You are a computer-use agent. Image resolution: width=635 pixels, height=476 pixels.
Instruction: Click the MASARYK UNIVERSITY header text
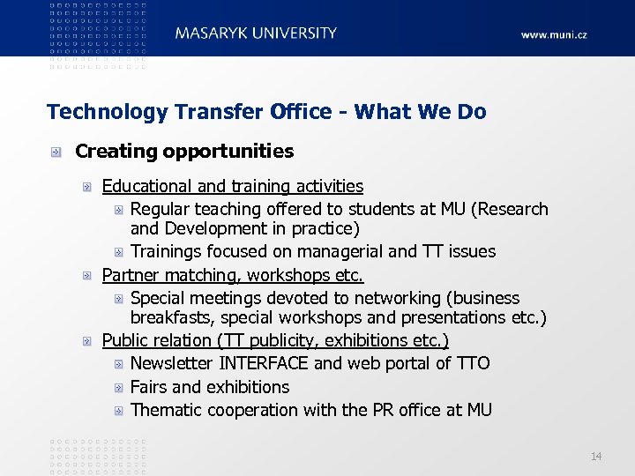[256, 33]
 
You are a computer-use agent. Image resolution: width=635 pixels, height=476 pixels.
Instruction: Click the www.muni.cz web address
[554, 35]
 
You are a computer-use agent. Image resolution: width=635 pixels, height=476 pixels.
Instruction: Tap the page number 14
[596, 456]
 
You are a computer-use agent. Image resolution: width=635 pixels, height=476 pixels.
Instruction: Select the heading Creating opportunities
[184, 152]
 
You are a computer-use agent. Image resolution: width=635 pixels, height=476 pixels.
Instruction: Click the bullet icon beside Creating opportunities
[55, 152]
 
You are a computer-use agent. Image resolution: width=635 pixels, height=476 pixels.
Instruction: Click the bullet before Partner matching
[86, 276]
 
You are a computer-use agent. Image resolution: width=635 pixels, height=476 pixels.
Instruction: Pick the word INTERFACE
[264, 363]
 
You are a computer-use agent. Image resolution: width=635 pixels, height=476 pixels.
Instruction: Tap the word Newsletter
[172, 363]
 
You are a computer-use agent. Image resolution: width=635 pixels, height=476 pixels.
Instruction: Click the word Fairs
[149, 387]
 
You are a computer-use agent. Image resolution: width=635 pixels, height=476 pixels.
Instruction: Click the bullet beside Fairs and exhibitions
[119, 387]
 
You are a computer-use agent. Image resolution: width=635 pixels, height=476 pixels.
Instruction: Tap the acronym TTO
[473, 363]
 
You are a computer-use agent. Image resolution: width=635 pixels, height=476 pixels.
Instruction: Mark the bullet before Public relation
[86, 340]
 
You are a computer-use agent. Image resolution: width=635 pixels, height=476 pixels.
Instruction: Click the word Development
[212, 229]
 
